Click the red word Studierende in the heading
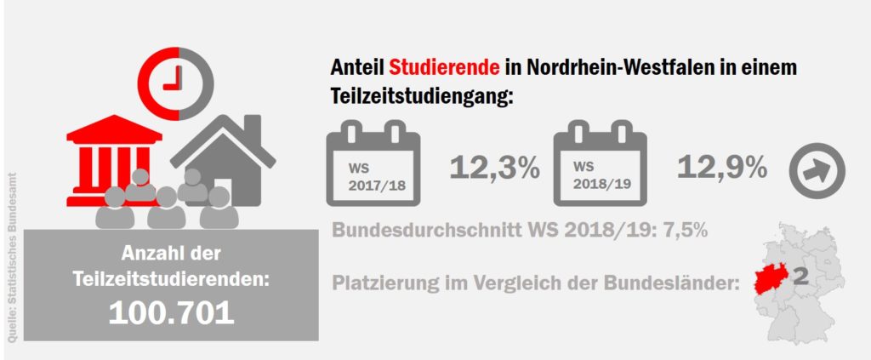(428, 67)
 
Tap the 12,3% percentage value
(494, 168)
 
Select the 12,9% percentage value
(722, 168)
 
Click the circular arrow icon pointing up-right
(817, 169)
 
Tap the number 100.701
(171, 312)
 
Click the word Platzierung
(384, 283)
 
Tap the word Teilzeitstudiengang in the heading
(420, 96)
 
